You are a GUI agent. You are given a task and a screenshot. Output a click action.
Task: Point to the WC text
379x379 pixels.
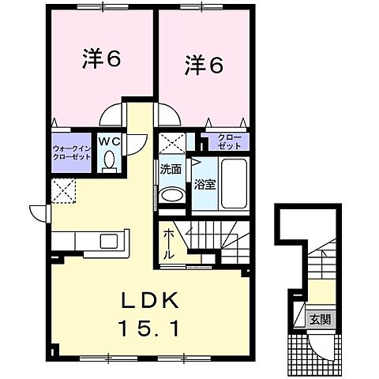[109, 141]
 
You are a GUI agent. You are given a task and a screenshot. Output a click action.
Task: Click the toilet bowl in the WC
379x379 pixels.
[110, 160]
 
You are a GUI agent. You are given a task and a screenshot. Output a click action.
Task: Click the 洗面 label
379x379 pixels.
[170, 169]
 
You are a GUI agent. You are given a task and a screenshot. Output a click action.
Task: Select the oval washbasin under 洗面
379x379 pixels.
[171, 196]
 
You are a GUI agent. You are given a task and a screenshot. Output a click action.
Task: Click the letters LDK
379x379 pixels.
[151, 300]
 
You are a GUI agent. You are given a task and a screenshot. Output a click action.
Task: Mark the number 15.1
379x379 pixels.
[151, 325]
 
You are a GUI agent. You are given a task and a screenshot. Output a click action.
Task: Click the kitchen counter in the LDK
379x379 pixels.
[89, 242]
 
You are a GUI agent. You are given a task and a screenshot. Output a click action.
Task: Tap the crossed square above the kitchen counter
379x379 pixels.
[63, 190]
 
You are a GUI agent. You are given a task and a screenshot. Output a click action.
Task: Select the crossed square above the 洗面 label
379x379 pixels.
[170, 144]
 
